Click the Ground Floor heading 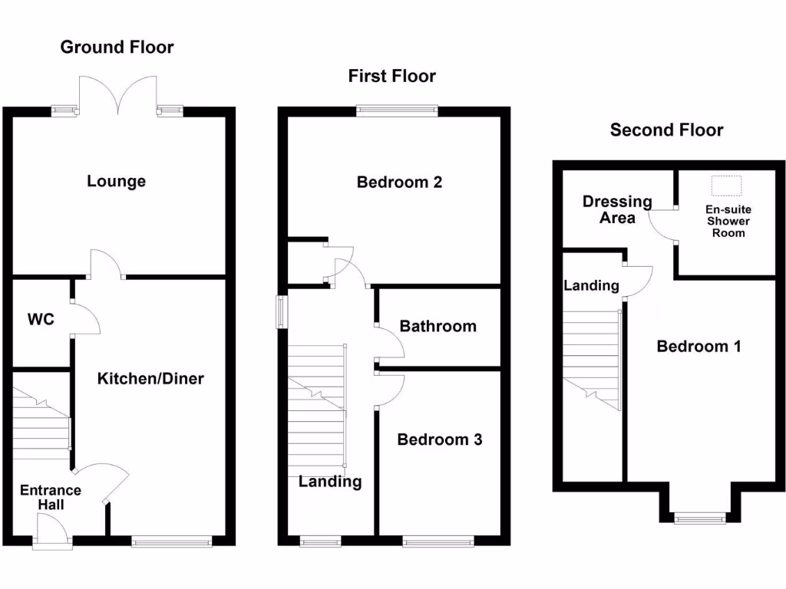pyautogui.click(x=117, y=48)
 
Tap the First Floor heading pyautogui.click(x=391, y=76)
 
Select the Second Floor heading pyautogui.click(x=666, y=130)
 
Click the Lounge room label pyautogui.click(x=116, y=182)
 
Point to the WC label pyautogui.click(x=41, y=319)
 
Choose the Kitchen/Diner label pyautogui.click(x=150, y=378)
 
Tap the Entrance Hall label pyautogui.click(x=51, y=498)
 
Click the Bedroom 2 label pyautogui.click(x=399, y=183)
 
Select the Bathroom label pyautogui.click(x=438, y=327)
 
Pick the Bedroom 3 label pyautogui.click(x=439, y=439)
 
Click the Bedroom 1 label pyautogui.click(x=698, y=347)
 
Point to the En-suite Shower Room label pyautogui.click(x=728, y=221)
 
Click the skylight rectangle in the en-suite pyautogui.click(x=727, y=186)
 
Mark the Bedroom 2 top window pyautogui.click(x=397, y=111)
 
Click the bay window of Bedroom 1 pyautogui.click(x=699, y=519)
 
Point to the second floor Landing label pyautogui.click(x=591, y=286)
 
